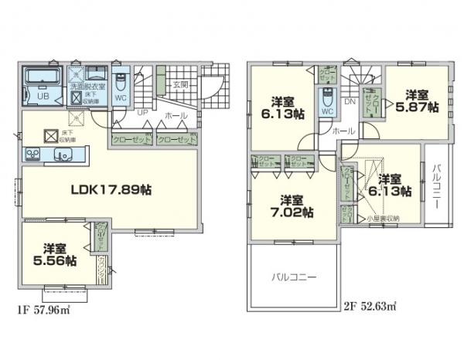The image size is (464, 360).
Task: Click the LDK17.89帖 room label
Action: pyautogui.click(x=111, y=189)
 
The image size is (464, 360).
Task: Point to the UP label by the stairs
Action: pyautogui.click(x=143, y=113)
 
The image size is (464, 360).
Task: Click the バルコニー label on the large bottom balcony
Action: pyautogui.click(x=293, y=276)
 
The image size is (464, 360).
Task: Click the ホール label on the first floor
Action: pyautogui.click(x=174, y=115)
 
